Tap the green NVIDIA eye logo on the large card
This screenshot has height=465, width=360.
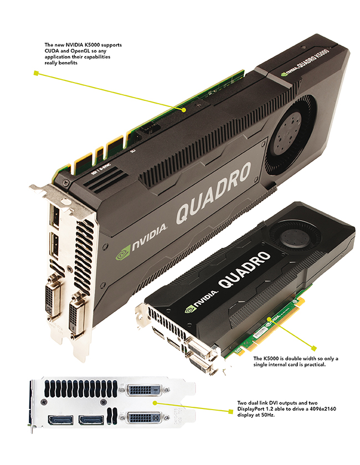[122, 253]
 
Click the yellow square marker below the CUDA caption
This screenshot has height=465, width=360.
[36, 73]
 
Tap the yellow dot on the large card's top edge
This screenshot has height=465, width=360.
[184, 110]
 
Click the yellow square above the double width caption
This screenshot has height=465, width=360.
[314, 348]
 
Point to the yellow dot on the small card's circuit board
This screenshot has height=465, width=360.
[269, 319]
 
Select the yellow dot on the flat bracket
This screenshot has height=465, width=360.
[155, 403]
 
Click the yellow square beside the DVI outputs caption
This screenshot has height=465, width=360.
[230, 411]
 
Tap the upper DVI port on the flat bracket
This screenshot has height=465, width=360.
[144, 390]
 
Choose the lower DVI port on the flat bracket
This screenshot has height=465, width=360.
[144, 418]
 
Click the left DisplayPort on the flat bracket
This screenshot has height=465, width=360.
[61, 420]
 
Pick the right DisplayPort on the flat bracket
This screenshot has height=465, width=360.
[91, 420]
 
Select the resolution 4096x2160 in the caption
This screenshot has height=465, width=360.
[322, 409]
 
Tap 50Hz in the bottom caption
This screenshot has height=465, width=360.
[269, 415]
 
